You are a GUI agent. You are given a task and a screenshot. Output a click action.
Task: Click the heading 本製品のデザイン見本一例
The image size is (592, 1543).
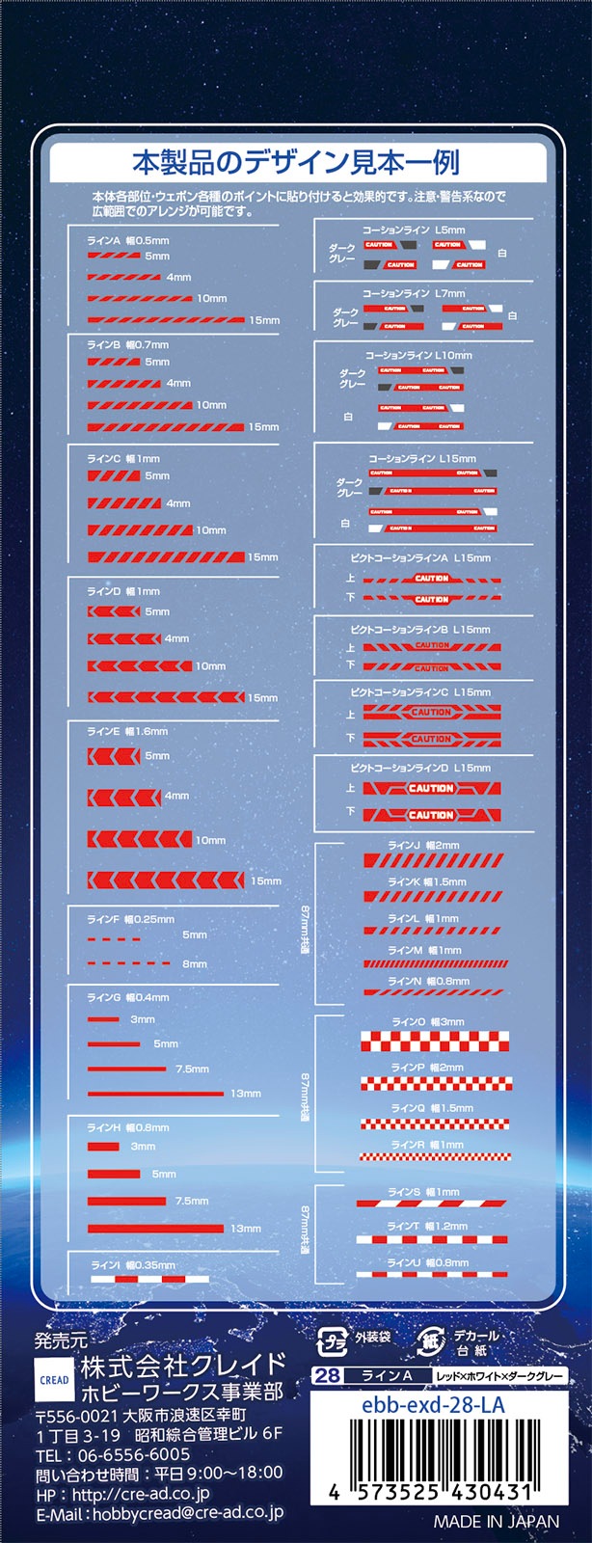pyautogui.click(x=295, y=162)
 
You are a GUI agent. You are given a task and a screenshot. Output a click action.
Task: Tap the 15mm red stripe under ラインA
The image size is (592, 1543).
pyautogui.click(x=166, y=319)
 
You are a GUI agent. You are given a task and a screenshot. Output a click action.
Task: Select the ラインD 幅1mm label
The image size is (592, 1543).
pyautogui.click(x=123, y=591)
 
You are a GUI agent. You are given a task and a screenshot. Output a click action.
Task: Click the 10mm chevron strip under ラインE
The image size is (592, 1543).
pyautogui.click(x=140, y=839)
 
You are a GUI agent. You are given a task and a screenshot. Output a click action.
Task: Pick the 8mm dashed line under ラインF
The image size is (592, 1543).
pyautogui.click(x=128, y=963)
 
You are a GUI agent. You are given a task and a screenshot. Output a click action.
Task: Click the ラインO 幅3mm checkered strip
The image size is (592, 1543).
pyautogui.click(x=435, y=1041)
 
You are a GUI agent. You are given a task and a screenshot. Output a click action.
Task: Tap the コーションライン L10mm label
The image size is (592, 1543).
pyautogui.click(x=418, y=355)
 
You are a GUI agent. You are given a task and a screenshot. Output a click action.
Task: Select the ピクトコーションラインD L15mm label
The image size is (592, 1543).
pyautogui.click(x=420, y=768)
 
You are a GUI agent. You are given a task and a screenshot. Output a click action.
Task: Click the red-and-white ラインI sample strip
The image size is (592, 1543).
pyautogui.click(x=149, y=1279)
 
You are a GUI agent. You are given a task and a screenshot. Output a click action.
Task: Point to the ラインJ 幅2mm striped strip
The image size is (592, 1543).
pyautogui.click(x=433, y=859)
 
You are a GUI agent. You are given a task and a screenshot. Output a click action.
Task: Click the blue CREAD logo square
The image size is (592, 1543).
pyautogui.click(x=54, y=1379)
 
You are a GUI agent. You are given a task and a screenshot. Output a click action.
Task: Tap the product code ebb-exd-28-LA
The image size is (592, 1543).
pyautogui.click(x=433, y=1405)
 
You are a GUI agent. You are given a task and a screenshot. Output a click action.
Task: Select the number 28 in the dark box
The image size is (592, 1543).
pyautogui.click(x=328, y=1375)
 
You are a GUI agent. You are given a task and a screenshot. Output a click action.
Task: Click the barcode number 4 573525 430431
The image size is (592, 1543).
pyautogui.click(x=430, y=1492)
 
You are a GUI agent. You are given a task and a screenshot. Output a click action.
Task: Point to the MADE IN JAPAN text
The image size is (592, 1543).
pyautogui.click(x=496, y=1522)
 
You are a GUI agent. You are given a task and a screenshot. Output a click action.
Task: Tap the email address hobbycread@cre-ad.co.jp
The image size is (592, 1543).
pyautogui.click(x=187, y=1513)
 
